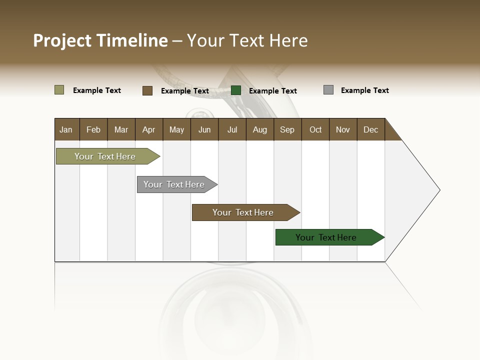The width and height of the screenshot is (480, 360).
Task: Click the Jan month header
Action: point(66,129)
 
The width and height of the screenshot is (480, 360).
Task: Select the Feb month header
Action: point(93,129)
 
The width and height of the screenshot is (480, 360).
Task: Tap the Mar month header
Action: point(121,129)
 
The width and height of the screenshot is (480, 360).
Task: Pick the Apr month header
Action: point(149,129)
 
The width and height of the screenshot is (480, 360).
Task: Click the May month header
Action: point(176,129)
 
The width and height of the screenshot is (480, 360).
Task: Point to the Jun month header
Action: point(204,129)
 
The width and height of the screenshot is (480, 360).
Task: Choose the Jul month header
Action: point(232,129)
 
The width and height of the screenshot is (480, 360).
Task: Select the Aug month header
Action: point(260,129)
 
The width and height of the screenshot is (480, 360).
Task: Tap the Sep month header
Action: point(287,129)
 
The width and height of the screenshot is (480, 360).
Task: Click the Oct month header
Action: point(315,129)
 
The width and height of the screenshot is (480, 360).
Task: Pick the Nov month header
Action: point(343,129)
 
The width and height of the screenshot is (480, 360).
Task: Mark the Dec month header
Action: point(371,129)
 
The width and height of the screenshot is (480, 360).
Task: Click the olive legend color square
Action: point(59,90)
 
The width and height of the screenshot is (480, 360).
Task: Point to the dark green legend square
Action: point(236,90)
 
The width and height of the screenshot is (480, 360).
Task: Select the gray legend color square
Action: point(328,90)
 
